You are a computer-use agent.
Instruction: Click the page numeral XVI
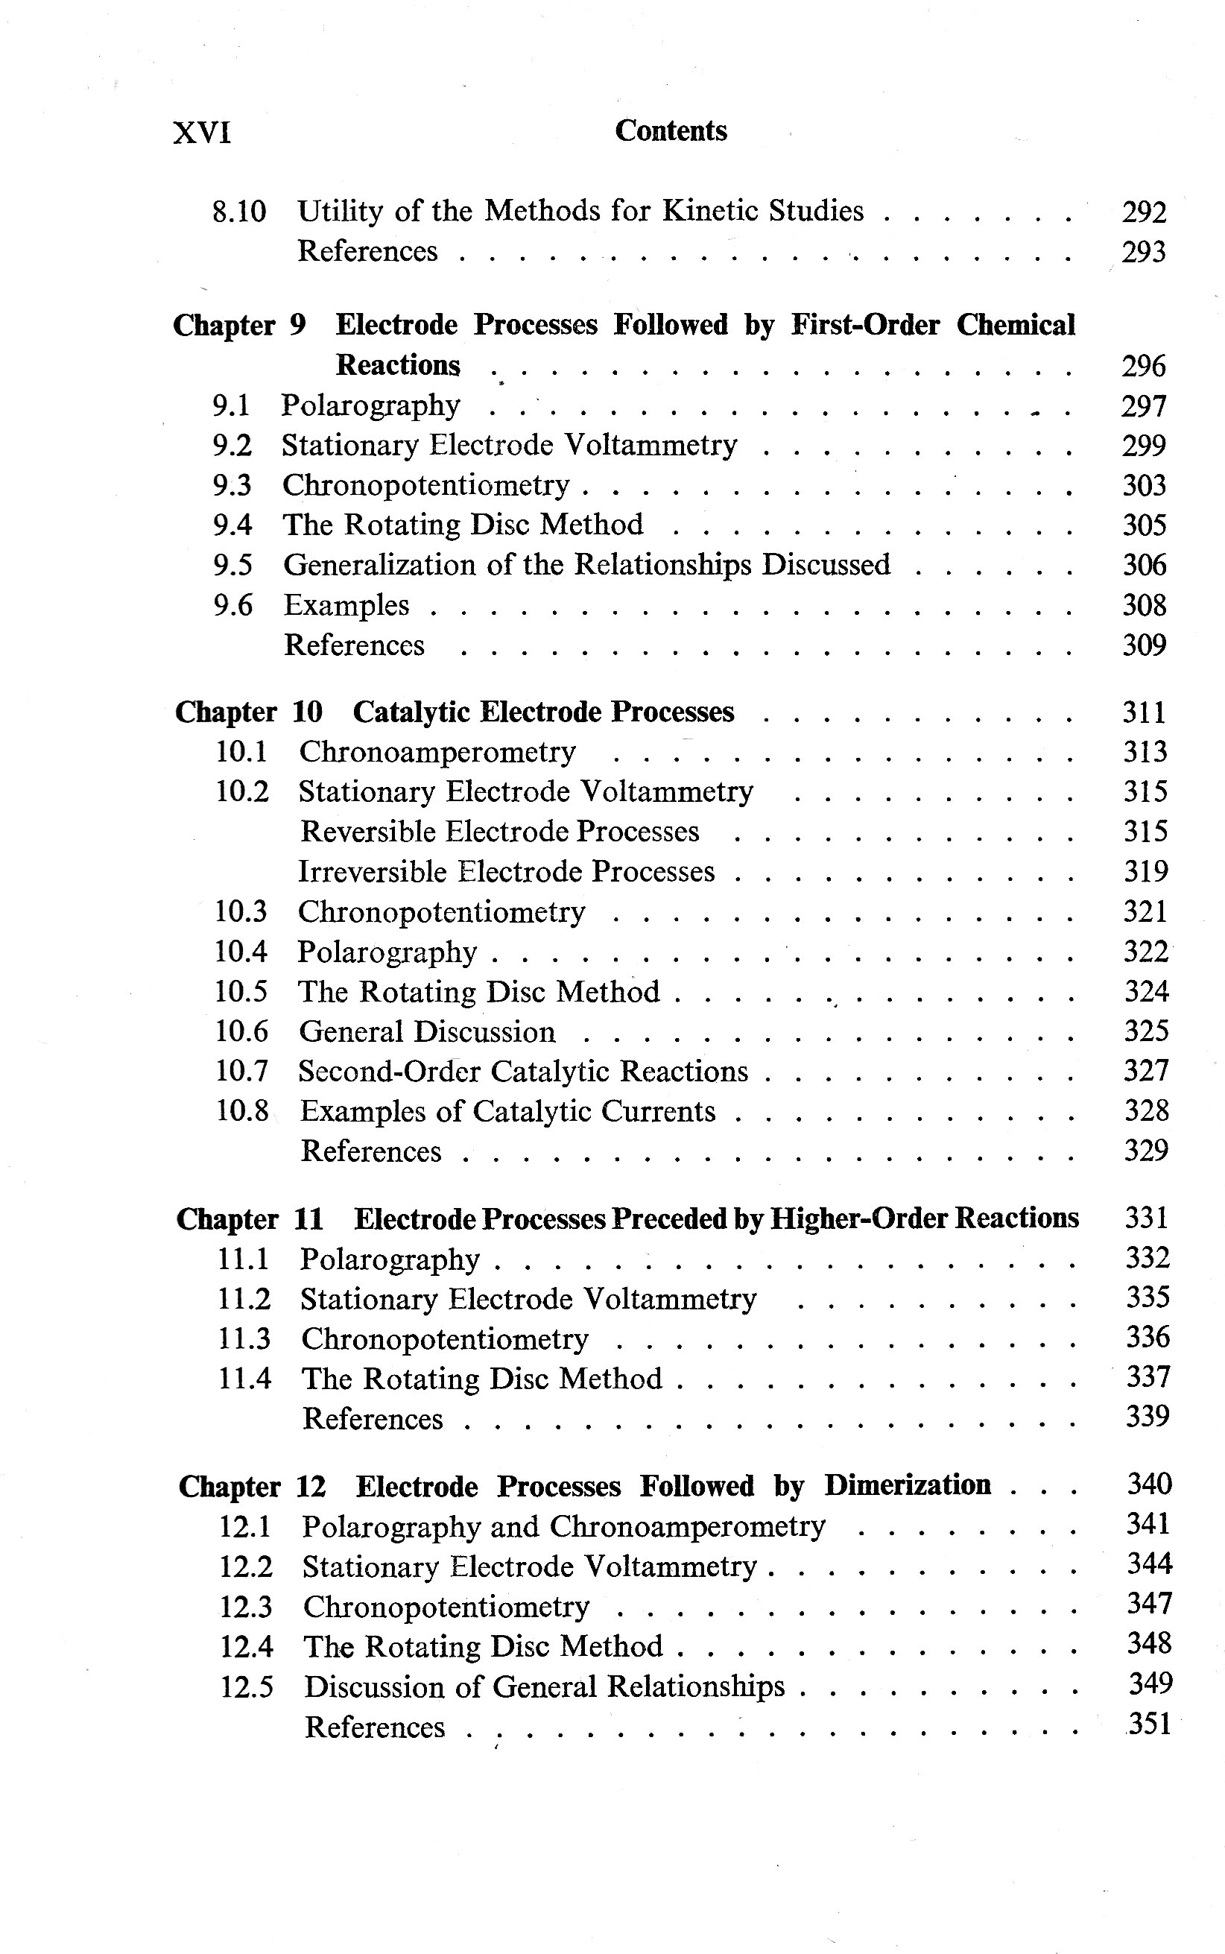(x=202, y=132)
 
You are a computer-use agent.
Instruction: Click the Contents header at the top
(x=670, y=130)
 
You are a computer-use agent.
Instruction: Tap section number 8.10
(x=239, y=212)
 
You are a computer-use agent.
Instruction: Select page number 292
(x=1143, y=212)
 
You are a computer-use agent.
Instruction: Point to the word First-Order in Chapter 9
(x=864, y=325)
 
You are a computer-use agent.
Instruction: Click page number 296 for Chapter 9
(x=1143, y=366)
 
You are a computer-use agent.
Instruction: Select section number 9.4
(x=232, y=525)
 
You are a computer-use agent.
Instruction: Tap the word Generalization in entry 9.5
(x=379, y=565)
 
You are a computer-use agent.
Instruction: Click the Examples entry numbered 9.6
(x=346, y=605)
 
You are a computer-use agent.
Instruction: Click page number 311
(x=1143, y=712)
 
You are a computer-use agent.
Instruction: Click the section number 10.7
(x=241, y=1071)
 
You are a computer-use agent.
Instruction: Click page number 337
(x=1148, y=1376)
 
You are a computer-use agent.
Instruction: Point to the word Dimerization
(x=908, y=1485)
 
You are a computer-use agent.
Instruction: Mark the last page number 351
(x=1150, y=1723)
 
